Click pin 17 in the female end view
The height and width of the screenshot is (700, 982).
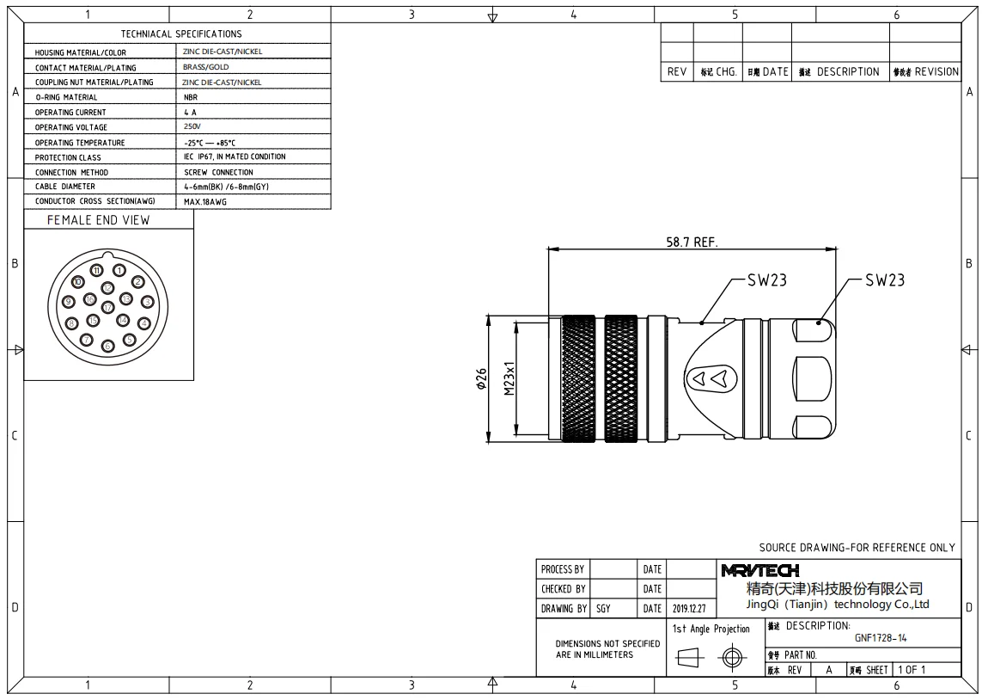point(108,307)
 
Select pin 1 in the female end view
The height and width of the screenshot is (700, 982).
point(119,271)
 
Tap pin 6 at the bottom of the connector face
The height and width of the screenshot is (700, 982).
point(108,347)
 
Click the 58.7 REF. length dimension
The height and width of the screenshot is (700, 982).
point(692,243)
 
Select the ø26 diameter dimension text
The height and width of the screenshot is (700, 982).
point(481,378)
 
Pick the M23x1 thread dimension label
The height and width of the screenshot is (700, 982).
point(509,378)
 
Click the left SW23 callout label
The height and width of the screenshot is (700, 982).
point(765,280)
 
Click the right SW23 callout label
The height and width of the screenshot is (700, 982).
point(884,280)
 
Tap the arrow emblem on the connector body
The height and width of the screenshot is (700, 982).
point(712,378)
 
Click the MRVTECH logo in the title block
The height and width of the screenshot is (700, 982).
point(760,570)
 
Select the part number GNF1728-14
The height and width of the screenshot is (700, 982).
point(881,638)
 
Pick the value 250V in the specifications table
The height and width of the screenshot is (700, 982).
point(192,127)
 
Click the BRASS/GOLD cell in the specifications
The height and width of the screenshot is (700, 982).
point(206,67)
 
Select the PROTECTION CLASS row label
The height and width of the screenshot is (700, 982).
point(68,157)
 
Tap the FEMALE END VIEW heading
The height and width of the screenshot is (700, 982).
point(98,220)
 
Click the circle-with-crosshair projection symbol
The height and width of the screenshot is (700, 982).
point(731,659)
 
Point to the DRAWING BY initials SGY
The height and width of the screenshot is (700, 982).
point(603,609)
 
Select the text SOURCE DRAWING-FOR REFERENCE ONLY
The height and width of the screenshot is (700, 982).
point(857,548)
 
